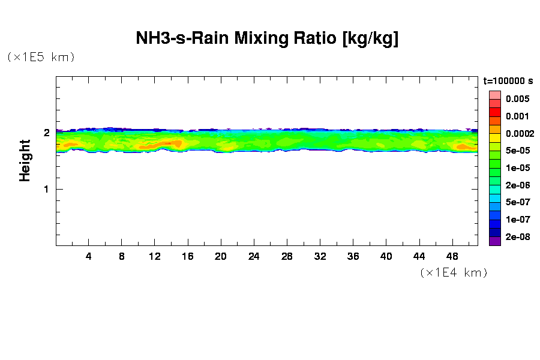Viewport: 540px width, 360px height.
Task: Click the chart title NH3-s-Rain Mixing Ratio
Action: pyautogui.click(x=268, y=39)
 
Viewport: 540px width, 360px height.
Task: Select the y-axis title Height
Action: pyautogui.click(x=25, y=160)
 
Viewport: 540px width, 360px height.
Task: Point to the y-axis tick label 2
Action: pyautogui.click(x=46, y=133)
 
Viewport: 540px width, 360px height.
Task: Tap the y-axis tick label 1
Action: pyautogui.click(x=46, y=189)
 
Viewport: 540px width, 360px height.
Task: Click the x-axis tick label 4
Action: pyautogui.click(x=89, y=256)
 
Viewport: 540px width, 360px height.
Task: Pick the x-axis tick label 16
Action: pyautogui.click(x=188, y=256)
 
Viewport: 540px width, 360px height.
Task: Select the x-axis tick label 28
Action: pyautogui.click(x=287, y=256)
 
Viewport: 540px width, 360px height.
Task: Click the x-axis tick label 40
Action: pyautogui.click(x=386, y=256)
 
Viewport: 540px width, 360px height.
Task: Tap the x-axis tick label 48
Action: pyautogui.click(x=452, y=256)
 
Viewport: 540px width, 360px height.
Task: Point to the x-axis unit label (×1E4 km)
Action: pyautogui.click(x=454, y=272)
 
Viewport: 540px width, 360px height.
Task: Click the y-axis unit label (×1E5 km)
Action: pyautogui.click(x=41, y=57)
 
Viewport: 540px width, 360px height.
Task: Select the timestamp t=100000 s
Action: pyautogui.click(x=508, y=80)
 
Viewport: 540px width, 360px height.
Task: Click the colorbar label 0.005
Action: pyautogui.click(x=517, y=99)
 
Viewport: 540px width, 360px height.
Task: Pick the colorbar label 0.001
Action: pyautogui.click(x=517, y=116)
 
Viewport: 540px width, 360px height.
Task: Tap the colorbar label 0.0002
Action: pyautogui.click(x=517, y=133)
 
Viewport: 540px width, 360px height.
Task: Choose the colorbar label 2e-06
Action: pyautogui.click(x=517, y=185)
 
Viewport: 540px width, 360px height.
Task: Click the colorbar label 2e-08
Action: pyautogui.click(x=517, y=236)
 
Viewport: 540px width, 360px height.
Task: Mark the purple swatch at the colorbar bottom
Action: pyautogui.click(x=494, y=242)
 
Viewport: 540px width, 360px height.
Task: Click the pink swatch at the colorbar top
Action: pyautogui.click(x=494, y=95)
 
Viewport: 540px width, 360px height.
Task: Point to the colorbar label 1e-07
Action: pyautogui.click(x=517, y=219)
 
